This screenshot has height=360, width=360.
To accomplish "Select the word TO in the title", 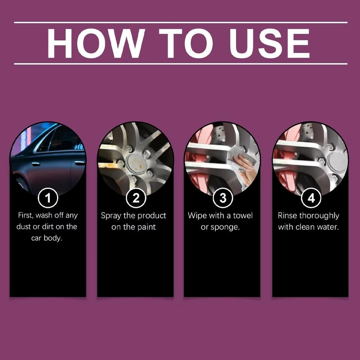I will coord(186,43).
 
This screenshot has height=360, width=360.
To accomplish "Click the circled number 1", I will coord(48,198).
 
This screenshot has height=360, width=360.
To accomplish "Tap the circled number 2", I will coord(135,198).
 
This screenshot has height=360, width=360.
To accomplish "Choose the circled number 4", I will coord(310,198).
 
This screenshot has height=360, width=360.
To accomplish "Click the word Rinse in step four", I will coord(287,216).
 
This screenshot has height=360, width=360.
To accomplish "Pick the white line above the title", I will coord(180,22).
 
